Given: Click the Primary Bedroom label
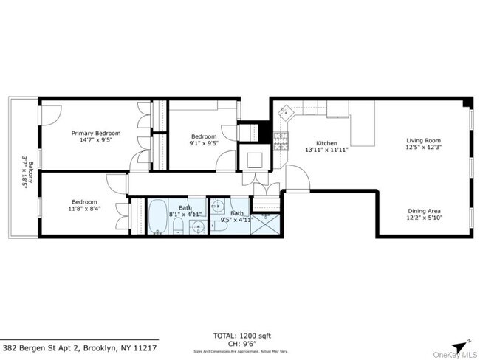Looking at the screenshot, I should click(x=95, y=134).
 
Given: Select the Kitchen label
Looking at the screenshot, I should click(x=326, y=143).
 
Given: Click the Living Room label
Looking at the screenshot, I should click(x=422, y=140).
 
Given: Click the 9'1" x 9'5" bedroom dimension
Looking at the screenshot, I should click(x=203, y=145).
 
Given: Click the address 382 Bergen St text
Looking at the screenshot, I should click(x=80, y=347).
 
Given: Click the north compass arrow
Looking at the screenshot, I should click(x=460, y=344).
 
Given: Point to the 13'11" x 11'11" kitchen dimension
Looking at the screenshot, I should click(x=326, y=150).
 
